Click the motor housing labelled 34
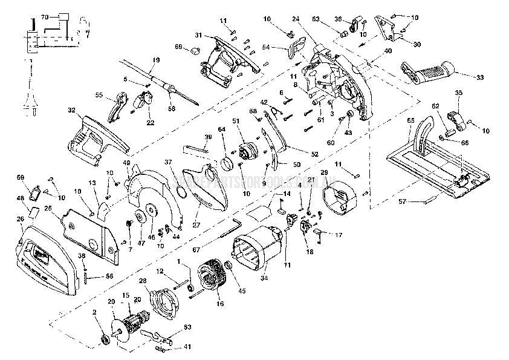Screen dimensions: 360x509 (257, 251)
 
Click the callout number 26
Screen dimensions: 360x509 (20, 218)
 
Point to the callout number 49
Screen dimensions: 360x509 (127, 163)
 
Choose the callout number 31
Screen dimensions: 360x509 (197, 36)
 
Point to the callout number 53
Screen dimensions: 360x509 (171, 327)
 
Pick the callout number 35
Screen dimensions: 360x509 (458, 93)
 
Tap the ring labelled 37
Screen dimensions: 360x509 (180, 192)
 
